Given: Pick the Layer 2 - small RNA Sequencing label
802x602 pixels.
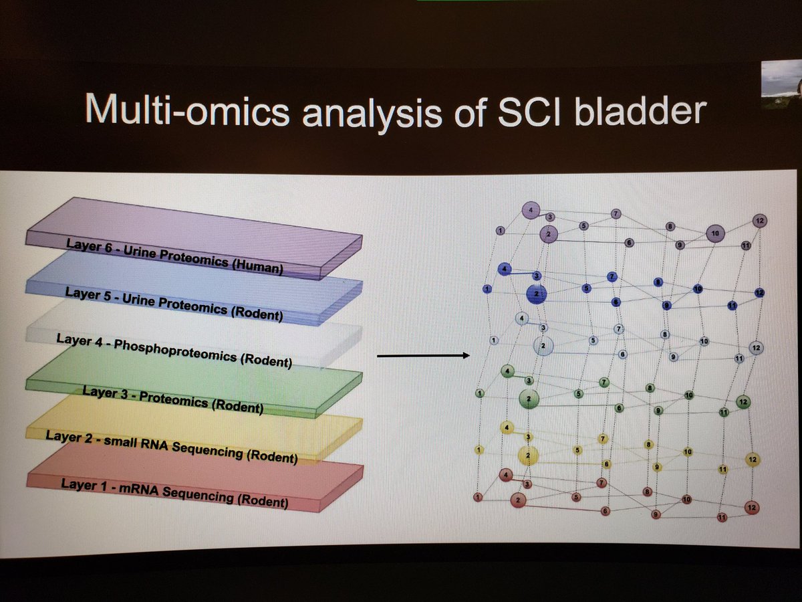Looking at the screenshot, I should point(171,445).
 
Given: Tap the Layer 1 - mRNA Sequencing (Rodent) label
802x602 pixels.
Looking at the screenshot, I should point(174,492).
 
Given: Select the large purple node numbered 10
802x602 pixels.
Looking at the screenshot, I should point(714,233).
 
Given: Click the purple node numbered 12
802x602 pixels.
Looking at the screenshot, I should point(759,220).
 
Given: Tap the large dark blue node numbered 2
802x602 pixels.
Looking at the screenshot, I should point(536,293).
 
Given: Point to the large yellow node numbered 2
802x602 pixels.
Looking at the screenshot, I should point(528,456).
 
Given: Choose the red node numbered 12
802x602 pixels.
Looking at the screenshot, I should point(751,508).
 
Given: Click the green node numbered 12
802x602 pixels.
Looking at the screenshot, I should point(743,402).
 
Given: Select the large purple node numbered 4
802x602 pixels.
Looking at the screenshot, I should point(531,210).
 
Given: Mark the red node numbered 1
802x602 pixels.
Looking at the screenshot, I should point(477,497).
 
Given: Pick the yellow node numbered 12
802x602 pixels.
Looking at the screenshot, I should point(753,460).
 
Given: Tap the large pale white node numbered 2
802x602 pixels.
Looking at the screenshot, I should point(543,346).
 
